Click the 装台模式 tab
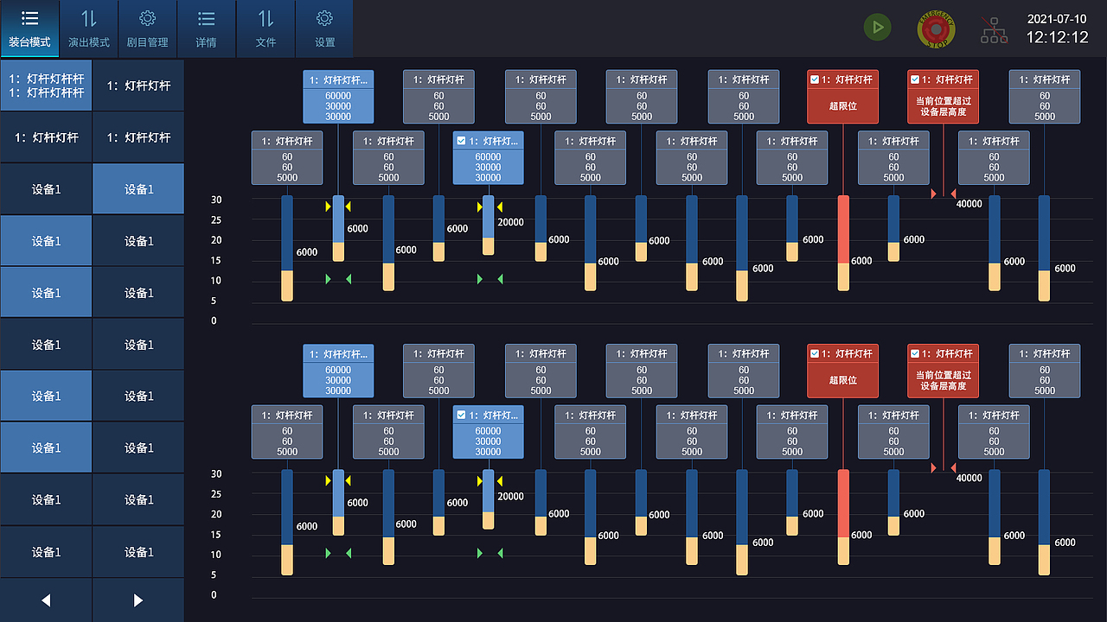coord(29,29)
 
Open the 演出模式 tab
coord(89,29)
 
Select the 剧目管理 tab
coord(147,29)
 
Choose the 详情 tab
coord(206,29)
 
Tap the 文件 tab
coord(266,29)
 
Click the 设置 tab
coord(324,29)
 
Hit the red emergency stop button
coord(936,29)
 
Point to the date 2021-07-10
coord(1057,19)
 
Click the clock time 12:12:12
coord(1057,38)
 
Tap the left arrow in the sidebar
coord(46,600)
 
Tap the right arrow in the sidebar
coord(138,600)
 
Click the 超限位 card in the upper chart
coord(842,97)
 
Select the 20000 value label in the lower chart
coord(511,497)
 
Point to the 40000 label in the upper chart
coord(969,205)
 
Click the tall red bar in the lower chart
coord(843,504)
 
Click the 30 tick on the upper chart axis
coord(216,200)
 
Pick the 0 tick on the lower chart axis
coord(214,595)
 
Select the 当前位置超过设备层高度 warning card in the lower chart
coord(943,371)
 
